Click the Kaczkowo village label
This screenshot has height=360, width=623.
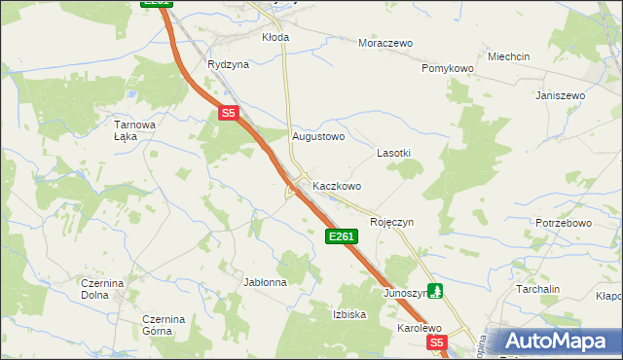pos(337,185)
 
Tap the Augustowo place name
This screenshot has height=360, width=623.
pos(319,137)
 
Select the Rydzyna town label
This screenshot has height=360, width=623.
pos(228,64)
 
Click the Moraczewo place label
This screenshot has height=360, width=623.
pos(385,44)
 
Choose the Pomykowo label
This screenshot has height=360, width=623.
pos(447,69)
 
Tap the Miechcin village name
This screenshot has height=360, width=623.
pos(509,56)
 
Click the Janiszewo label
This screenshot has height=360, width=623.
pos(560,95)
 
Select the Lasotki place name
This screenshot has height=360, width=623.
pos(394,154)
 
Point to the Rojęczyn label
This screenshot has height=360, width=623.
pos(392,222)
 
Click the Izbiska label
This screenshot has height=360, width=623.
pos(349,314)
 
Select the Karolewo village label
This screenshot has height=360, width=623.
pos(420,328)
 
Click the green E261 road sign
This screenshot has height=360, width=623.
pos(342,236)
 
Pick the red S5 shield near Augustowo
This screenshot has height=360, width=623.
pos(229,114)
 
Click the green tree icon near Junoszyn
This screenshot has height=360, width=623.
pos(437,290)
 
